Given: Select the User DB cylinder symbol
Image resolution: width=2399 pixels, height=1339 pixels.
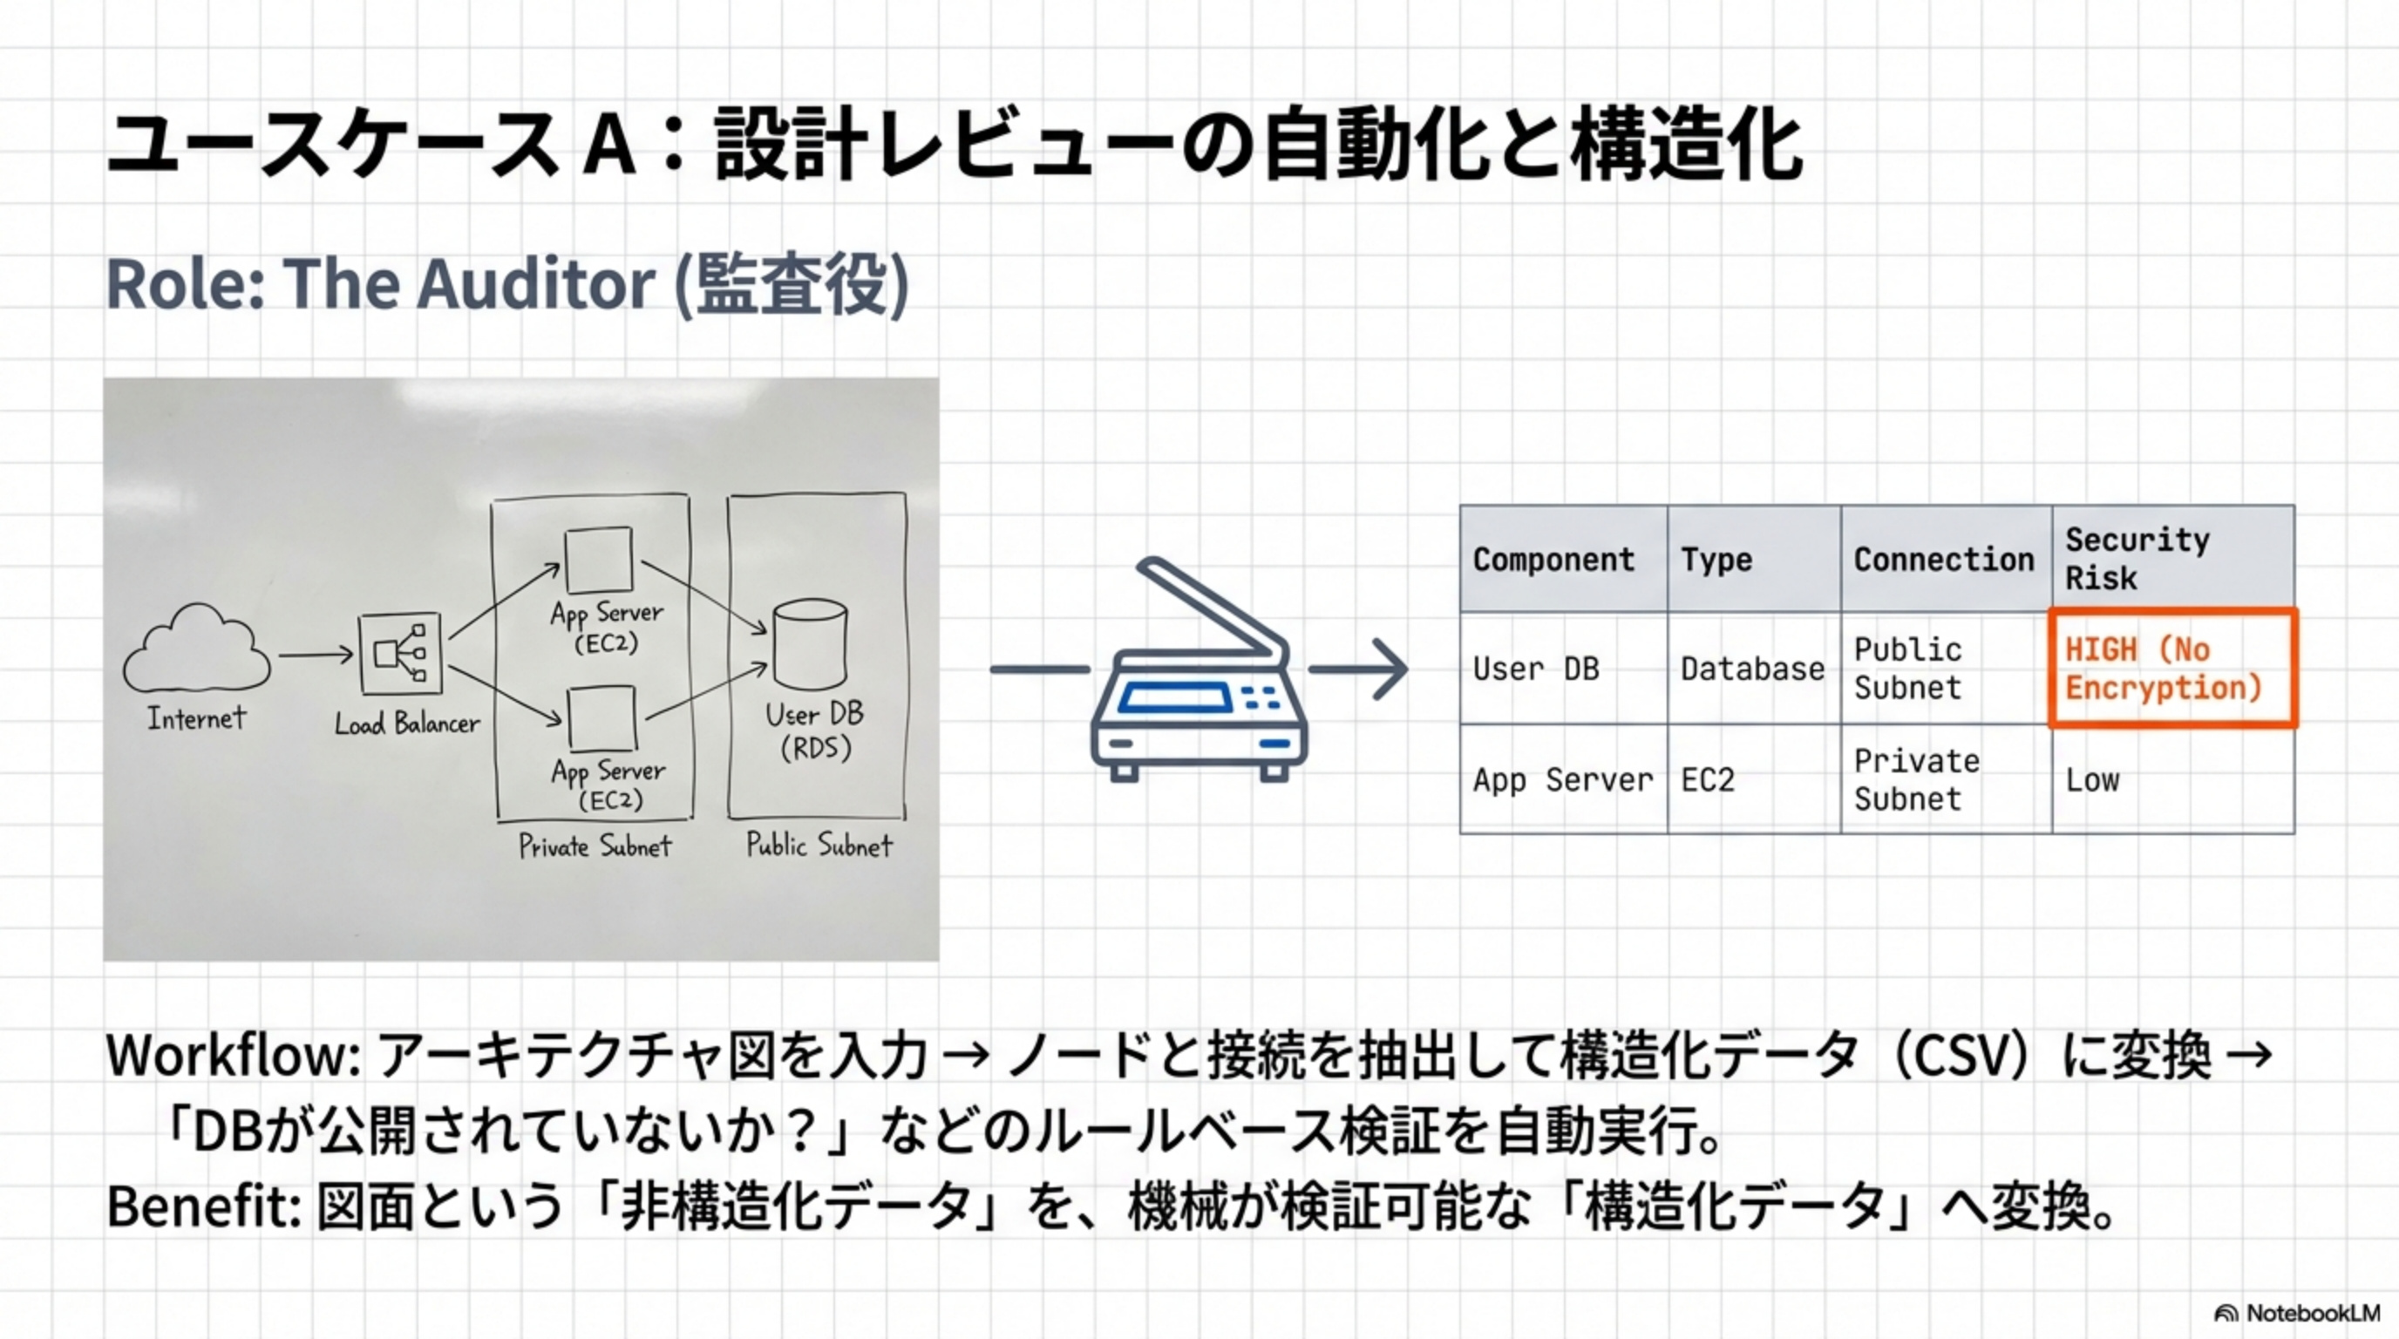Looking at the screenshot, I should click(809, 643).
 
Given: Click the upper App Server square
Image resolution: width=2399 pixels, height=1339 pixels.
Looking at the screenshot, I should click(598, 559).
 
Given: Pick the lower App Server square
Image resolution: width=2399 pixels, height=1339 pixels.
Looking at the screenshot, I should click(601, 718).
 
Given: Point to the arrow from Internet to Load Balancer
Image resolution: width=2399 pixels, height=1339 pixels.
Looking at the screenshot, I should click(316, 655).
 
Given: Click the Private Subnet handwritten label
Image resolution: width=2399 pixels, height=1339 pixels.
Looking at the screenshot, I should click(595, 846).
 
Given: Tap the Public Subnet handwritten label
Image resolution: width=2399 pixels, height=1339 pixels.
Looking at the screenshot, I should click(819, 845).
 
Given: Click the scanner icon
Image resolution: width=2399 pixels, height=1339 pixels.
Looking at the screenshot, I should click(1199, 675).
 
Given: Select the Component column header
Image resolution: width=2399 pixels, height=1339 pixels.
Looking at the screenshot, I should click(1553, 560).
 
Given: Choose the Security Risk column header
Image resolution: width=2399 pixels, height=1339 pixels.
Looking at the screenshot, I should click(2137, 559).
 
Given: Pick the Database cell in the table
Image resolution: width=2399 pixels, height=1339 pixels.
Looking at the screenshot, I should click(1752, 669).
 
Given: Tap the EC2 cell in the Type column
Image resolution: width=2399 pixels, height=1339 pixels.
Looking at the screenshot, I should click(1707, 779).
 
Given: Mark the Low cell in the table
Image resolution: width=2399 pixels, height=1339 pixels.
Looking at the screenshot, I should click(2091, 779).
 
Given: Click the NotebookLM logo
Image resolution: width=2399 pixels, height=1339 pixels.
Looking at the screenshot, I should click(2296, 1313).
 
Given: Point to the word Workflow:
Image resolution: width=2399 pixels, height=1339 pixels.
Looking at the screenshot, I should click(233, 1057).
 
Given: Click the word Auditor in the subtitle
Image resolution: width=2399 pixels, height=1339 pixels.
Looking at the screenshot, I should click(534, 284).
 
